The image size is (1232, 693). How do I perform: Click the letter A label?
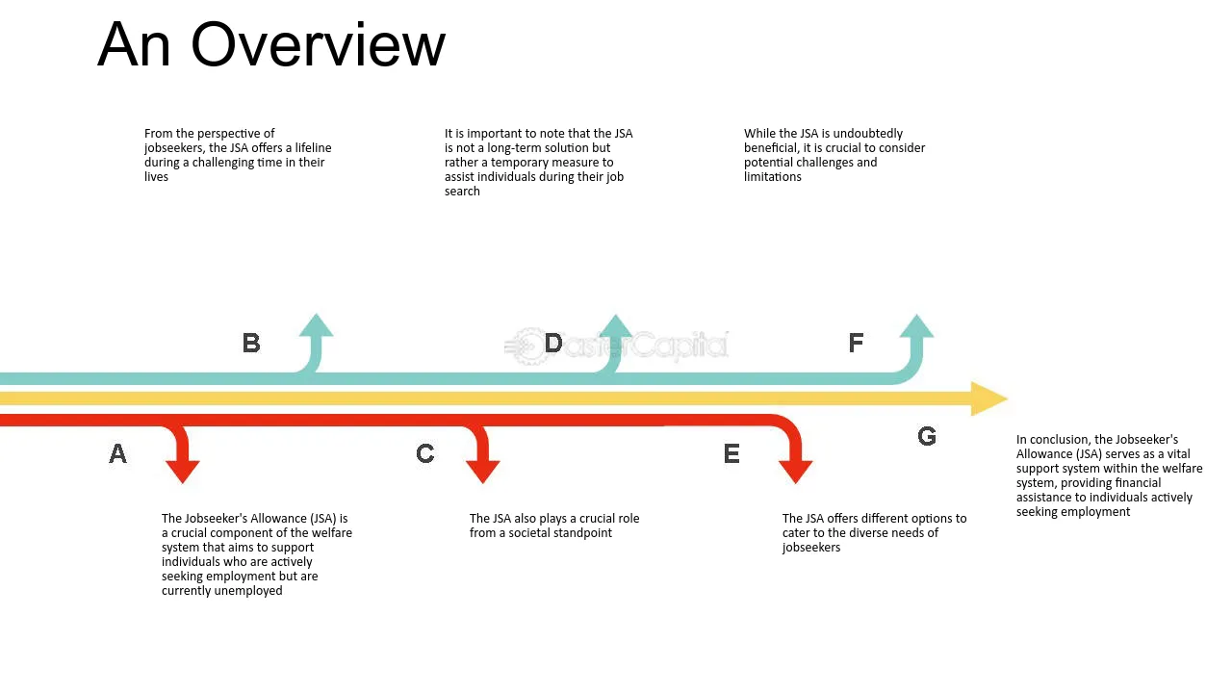click(117, 453)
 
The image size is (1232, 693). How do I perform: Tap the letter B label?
click(251, 344)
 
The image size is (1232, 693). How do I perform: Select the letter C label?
click(425, 453)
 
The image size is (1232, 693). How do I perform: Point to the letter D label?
click(553, 344)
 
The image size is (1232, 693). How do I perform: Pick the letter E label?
click(731, 453)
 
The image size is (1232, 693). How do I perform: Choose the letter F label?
click(856, 344)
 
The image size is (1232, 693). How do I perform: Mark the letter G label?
click(927, 437)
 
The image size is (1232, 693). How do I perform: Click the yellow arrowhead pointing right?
click(988, 398)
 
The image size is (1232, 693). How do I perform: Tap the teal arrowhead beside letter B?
click(317, 325)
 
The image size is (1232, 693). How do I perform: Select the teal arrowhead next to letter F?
click(916, 325)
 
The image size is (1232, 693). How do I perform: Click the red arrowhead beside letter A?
click(183, 472)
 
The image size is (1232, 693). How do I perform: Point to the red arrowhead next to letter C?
click(483, 472)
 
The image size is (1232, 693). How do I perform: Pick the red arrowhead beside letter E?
click(795, 472)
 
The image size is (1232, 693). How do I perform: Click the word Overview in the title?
click(318, 45)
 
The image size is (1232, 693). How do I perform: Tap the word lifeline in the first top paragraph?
click(313, 148)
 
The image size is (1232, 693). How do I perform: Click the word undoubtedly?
click(868, 134)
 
